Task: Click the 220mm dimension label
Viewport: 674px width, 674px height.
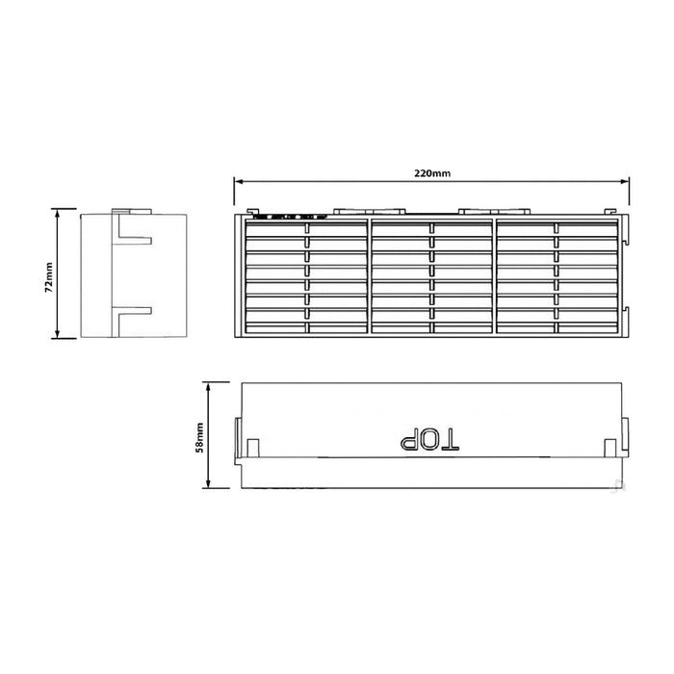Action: click(x=431, y=172)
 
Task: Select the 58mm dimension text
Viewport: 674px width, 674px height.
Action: click(x=198, y=436)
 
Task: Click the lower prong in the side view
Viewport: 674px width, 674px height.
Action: click(x=134, y=312)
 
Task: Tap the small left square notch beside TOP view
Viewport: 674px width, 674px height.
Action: click(x=253, y=447)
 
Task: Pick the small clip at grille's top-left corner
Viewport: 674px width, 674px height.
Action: click(x=251, y=211)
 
